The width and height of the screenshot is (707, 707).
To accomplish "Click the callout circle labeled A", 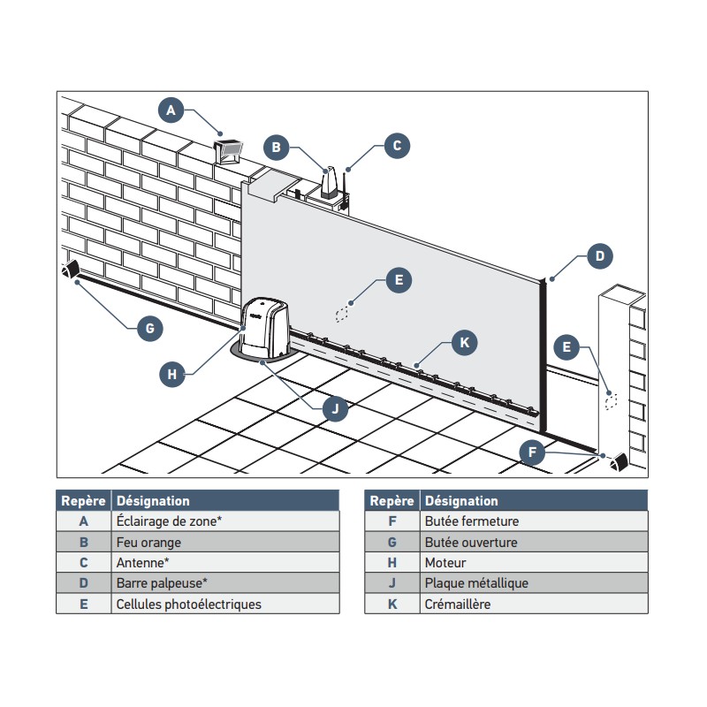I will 171,110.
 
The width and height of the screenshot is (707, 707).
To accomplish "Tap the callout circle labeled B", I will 277,147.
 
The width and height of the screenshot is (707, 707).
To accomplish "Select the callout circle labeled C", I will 397,146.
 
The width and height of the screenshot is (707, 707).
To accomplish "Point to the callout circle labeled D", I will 599,256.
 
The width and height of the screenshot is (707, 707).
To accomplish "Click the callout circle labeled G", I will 150,328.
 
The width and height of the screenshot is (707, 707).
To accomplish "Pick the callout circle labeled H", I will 172,375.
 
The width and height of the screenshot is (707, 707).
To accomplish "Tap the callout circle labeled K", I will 464,343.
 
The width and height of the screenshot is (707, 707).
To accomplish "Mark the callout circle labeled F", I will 532,453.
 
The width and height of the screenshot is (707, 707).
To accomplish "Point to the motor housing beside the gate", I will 264,327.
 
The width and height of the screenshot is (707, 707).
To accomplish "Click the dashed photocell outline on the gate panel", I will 343,314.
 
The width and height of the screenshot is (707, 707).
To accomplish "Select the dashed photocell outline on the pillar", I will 610,401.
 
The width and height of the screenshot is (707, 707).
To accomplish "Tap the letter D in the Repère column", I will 84,583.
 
